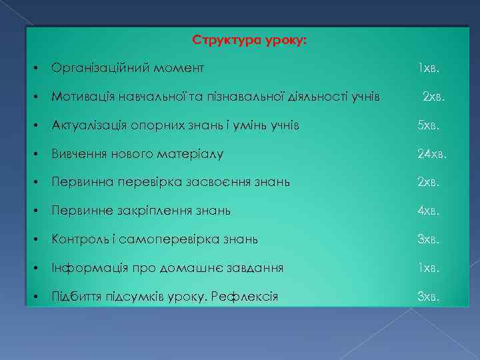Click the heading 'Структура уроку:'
coord(249,40)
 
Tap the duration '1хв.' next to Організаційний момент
coord(428,68)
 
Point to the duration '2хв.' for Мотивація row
coord(434,97)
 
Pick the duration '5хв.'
coord(429,125)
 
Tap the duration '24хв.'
coord(432,154)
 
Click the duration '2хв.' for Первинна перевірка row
coord(429,182)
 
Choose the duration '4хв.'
coord(429,211)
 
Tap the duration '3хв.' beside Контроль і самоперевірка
coord(429,239)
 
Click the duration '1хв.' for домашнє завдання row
coord(428,268)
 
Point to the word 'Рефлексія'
coord(244,296)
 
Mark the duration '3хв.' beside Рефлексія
coord(429,296)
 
